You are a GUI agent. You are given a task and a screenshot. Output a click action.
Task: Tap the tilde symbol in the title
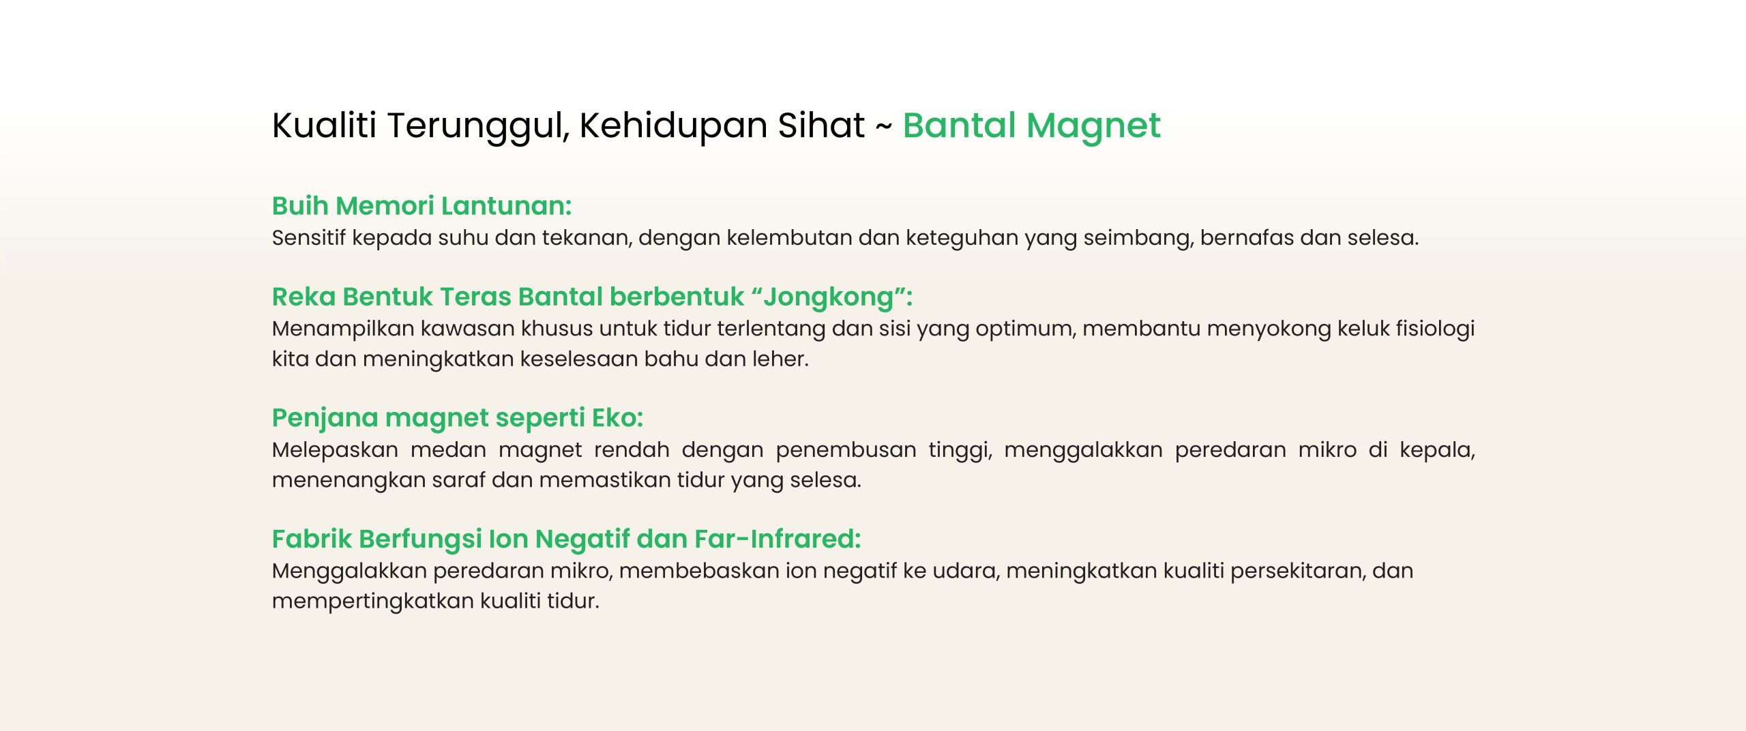tap(883, 127)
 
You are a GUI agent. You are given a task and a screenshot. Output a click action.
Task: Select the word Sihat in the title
tap(821, 125)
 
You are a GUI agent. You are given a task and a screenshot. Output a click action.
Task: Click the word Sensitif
tap(309, 237)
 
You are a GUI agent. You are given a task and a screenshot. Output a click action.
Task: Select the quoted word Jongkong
tap(828, 298)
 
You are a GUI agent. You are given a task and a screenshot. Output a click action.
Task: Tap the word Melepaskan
tap(335, 451)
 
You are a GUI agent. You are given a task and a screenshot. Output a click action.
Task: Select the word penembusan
tap(846, 450)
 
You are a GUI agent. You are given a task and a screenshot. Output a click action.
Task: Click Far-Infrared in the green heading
tap(778, 539)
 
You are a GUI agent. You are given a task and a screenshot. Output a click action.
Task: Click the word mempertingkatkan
tap(373, 601)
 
